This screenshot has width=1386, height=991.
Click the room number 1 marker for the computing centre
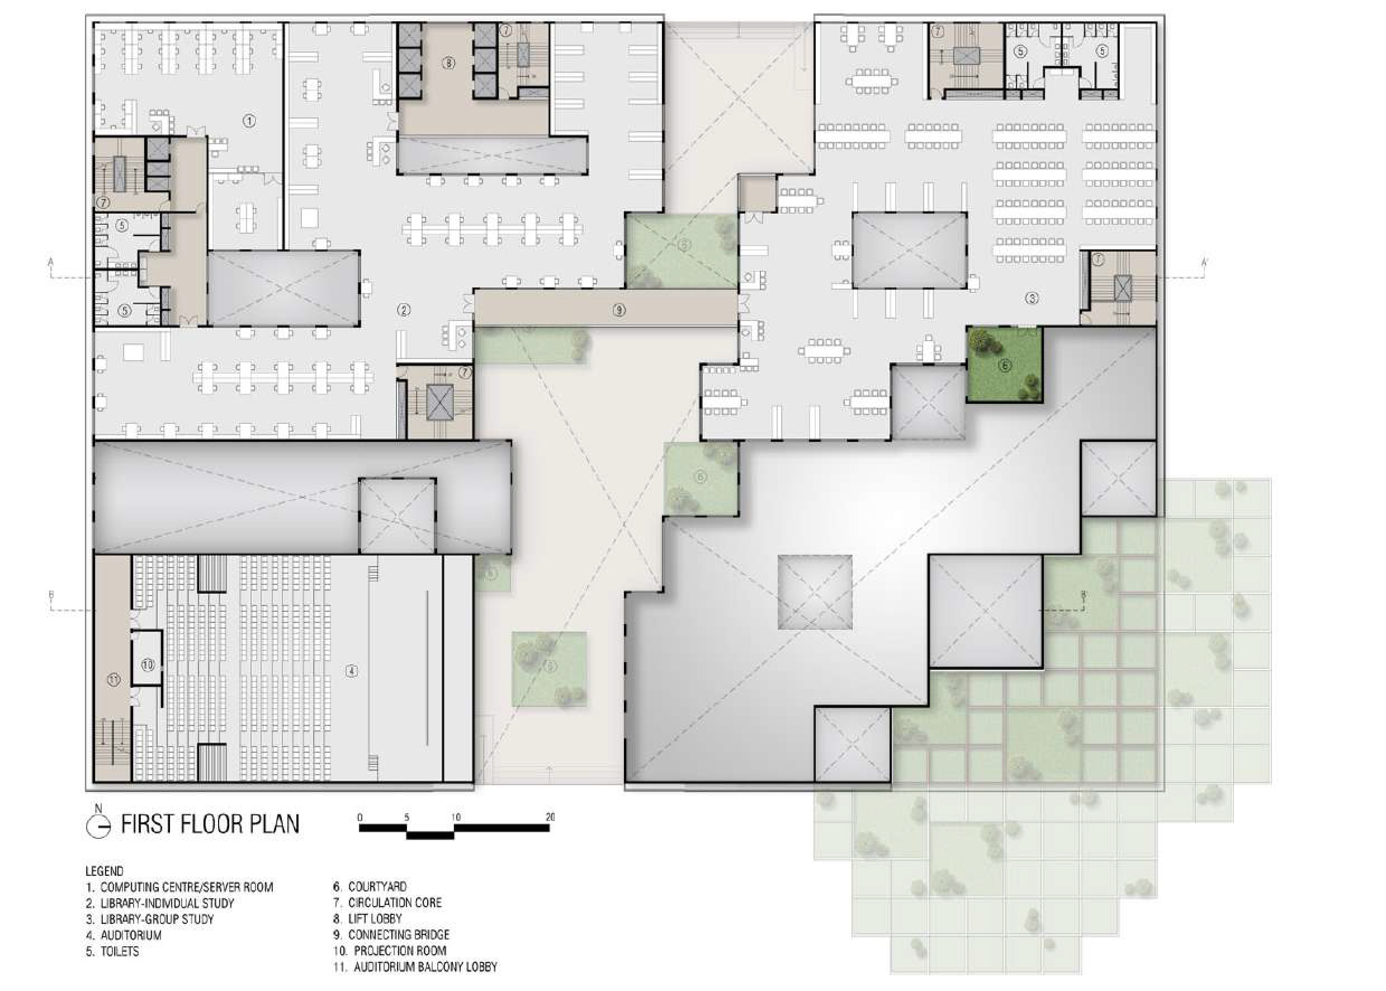click(249, 121)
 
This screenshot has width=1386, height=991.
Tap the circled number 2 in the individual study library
click(404, 310)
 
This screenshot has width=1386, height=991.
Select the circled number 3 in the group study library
click(1032, 299)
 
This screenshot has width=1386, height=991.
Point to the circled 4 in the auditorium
click(351, 671)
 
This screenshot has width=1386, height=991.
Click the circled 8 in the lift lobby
click(449, 62)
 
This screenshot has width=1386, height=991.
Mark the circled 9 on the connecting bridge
click(619, 310)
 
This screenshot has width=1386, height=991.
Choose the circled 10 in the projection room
click(148, 664)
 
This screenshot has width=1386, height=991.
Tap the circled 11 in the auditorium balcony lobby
click(114, 681)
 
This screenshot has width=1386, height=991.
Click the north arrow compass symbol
click(99, 824)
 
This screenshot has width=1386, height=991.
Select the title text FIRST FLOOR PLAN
click(210, 824)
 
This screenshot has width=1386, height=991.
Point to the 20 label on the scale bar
click(550, 817)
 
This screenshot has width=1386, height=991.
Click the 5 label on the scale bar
click(406, 817)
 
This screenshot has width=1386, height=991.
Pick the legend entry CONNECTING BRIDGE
click(391, 935)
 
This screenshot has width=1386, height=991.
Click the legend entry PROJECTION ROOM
click(390, 951)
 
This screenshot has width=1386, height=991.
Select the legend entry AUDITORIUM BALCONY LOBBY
click(415, 966)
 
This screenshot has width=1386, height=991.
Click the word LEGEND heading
click(105, 871)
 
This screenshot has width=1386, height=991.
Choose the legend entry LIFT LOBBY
click(367, 919)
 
